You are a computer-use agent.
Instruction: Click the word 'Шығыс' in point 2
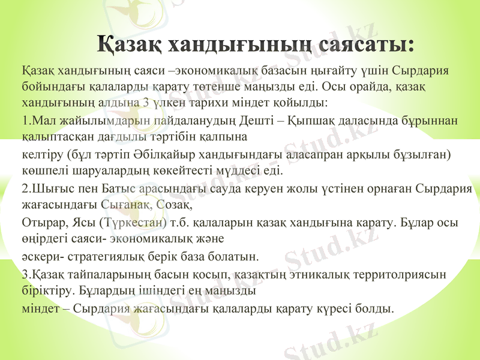[46, 189]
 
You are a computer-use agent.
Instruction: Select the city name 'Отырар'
[40, 223]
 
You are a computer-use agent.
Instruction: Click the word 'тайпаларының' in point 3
[92, 275]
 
